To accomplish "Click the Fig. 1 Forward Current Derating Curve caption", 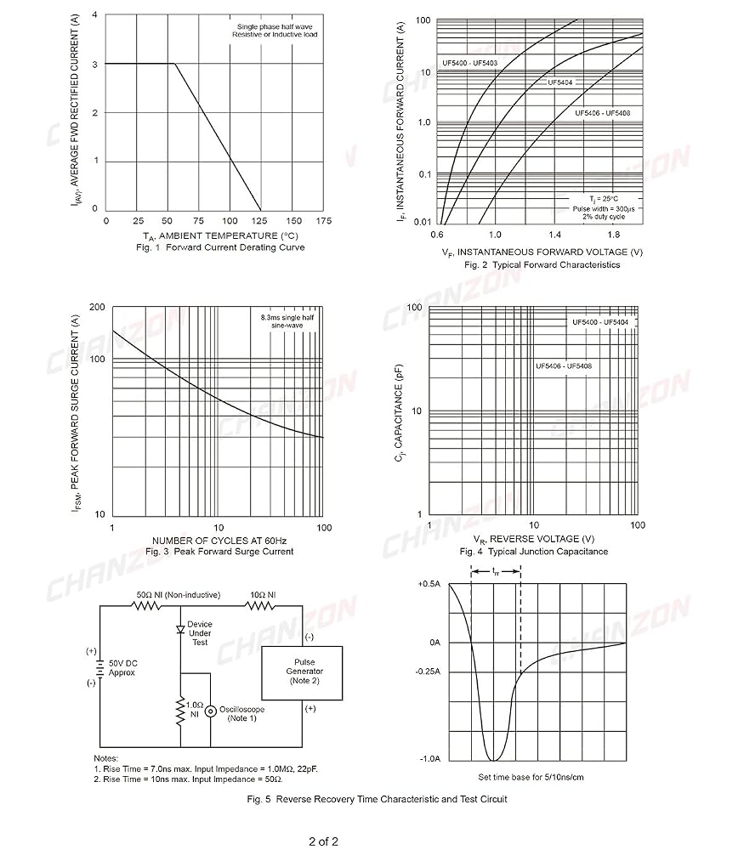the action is coord(220,247).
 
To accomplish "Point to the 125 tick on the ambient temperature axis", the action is coord(259,221).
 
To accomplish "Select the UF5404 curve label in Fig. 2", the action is coord(560,82).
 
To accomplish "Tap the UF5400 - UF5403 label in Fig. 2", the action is coord(469,63).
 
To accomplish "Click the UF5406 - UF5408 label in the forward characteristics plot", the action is coord(603,113).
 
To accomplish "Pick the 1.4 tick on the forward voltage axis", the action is coord(554,235).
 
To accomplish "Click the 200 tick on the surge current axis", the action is coord(97,308).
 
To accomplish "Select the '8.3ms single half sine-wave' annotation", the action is coord(287,321).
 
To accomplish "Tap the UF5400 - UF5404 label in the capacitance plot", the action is coord(600,322).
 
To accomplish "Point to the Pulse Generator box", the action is coord(302,672).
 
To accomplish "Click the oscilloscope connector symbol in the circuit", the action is coord(210,711).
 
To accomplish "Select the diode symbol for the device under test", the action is coord(180,629).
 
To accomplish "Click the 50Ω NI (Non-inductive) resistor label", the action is coord(179,595).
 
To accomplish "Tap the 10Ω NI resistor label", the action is coord(263,595).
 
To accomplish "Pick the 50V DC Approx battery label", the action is coord(122,668).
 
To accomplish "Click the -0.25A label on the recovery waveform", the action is coord(428,671).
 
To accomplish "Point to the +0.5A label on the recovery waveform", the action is coord(429,584).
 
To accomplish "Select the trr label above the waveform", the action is coord(496,571).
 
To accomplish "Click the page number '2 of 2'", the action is coord(324,841).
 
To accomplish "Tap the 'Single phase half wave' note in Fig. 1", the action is coord(275,26).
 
